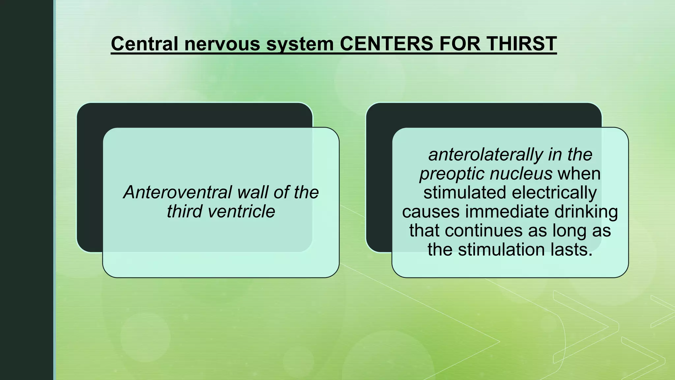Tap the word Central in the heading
click(x=145, y=44)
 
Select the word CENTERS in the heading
click(x=386, y=44)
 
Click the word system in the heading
click(x=300, y=44)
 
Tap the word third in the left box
click(x=184, y=211)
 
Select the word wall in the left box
click(x=252, y=192)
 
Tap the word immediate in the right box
click(x=507, y=211)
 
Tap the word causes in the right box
click(x=431, y=212)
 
